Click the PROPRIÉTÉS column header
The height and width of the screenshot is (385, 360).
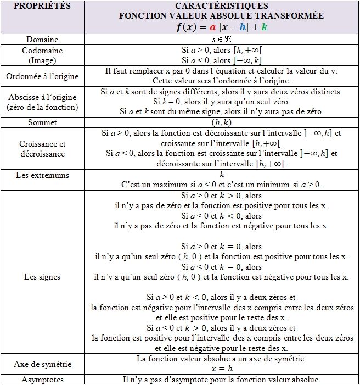pyautogui.click(x=42, y=6)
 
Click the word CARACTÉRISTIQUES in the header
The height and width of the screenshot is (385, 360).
pyautogui.click(x=221, y=5)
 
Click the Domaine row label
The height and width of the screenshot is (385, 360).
pyautogui.click(x=42, y=40)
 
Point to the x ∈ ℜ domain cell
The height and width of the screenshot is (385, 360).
pyautogui.click(x=221, y=40)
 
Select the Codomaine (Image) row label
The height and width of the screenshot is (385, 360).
pyautogui.click(x=42, y=55)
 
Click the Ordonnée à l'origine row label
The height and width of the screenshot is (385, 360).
pyautogui.click(x=42, y=76)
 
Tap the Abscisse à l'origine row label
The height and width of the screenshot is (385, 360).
pyautogui.click(x=42, y=102)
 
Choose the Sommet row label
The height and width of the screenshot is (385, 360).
pyautogui.click(x=42, y=122)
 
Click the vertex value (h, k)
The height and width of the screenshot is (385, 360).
pyautogui.click(x=221, y=122)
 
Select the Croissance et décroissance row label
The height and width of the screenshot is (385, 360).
pyautogui.click(x=42, y=149)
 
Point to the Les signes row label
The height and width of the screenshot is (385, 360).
pyautogui.click(x=42, y=276)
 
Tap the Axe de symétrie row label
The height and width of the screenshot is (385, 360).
pyautogui.click(x=42, y=364)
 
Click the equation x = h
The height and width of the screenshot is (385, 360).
pyautogui.click(x=221, y=369)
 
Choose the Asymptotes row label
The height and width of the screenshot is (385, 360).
pyautogui.click(x=42, y=380)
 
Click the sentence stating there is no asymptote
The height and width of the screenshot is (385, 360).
pyautogui.click(x=221, y=380)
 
